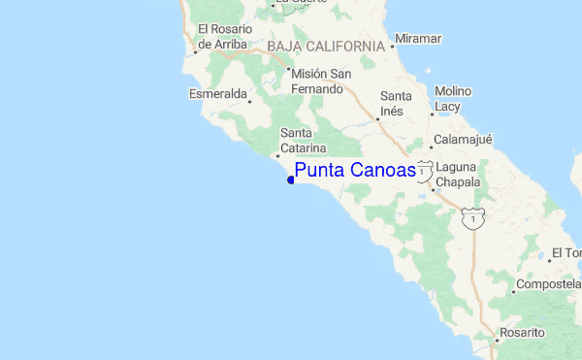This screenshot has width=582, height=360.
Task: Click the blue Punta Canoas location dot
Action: pyautogui.click(x=291, y=180)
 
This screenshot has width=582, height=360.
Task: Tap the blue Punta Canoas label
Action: pyautogui.click(x=355, y=171)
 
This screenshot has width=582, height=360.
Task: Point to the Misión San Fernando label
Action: pyautogui.click(x=321, y=82)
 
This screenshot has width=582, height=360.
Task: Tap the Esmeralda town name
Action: pyautogui.click(x=216, y=94)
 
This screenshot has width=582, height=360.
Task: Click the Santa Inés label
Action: pyautogui.click(x=396, y=104)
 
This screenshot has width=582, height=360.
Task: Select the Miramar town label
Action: pyautogui.click(x=419, y=39)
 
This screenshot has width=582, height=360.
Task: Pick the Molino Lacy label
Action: pyautogui.click(x=453, y=98)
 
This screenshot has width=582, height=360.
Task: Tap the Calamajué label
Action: pyautogui.click(x=463, y=139)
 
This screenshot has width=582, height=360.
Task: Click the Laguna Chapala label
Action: pyautogui.click(x=458, y=174)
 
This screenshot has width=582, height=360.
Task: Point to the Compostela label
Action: pyautogui.click(x=548, y=284)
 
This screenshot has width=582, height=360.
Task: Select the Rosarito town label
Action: pyautogui.click(x=524, y=333)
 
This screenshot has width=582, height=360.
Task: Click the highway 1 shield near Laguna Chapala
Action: pyautogui.click(x=425, y=168)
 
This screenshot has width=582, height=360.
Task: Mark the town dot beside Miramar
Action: pyautogui.click(x=392, y=45)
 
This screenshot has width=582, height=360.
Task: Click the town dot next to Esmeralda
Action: pyautogui.click(x=249, y=101)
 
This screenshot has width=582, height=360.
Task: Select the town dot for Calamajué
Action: pyautogui.click(x=432, y=147)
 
